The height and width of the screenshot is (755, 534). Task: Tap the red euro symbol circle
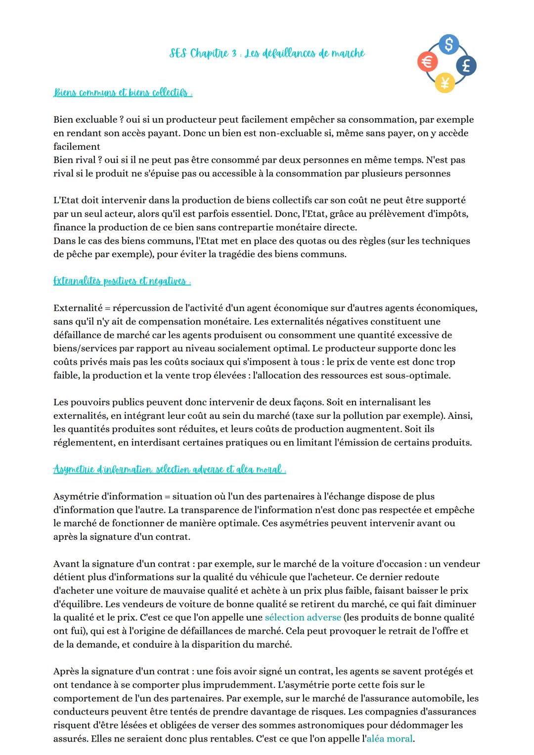427,62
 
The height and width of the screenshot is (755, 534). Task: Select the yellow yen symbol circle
445,83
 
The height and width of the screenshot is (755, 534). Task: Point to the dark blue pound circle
466,65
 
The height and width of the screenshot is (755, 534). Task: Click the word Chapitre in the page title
209,53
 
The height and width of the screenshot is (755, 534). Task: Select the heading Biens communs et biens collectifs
123,93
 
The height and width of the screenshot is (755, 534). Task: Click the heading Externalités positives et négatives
122,281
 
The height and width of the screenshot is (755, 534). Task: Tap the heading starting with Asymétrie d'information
169,469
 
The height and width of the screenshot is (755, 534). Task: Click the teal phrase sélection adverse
303,617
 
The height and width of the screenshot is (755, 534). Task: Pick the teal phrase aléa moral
389,739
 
